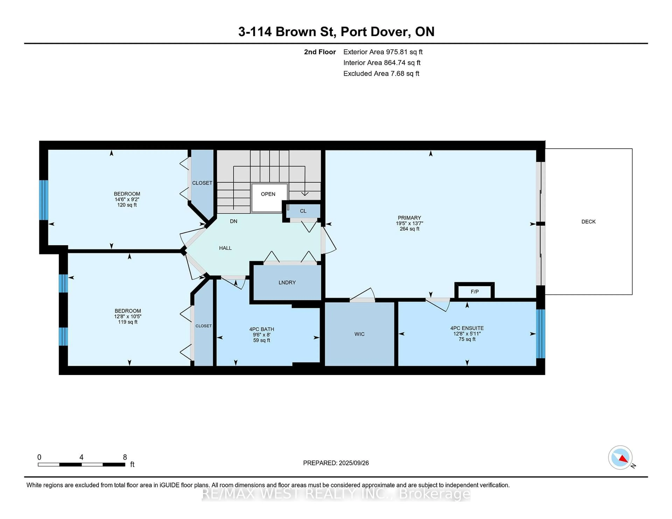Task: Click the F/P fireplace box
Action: pyautogui.click(x=474, y=292)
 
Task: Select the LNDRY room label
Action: pyautogui.click(x=287, y=282)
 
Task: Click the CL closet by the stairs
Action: pyautogui.click(x=303, y=211)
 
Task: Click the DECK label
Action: pyautogui.click(x=588, y=221)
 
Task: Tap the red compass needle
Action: pyautogui.click(x=623, y=459)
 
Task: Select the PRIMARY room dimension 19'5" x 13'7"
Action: pyautogui.click(x=409, y=223)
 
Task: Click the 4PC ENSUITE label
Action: pyautogui.click(x=467, y=328)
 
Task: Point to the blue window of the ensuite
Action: pyautogui.click(x=541, y=334)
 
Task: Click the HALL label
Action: pyautogui.click(x=225, y=248)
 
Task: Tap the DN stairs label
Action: pyautogui.click(x=234, y=221)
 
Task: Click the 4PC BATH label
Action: pyautogui.click(x=262, y=329)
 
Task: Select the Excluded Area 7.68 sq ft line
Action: pyautogui.click(x=381, y=73)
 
